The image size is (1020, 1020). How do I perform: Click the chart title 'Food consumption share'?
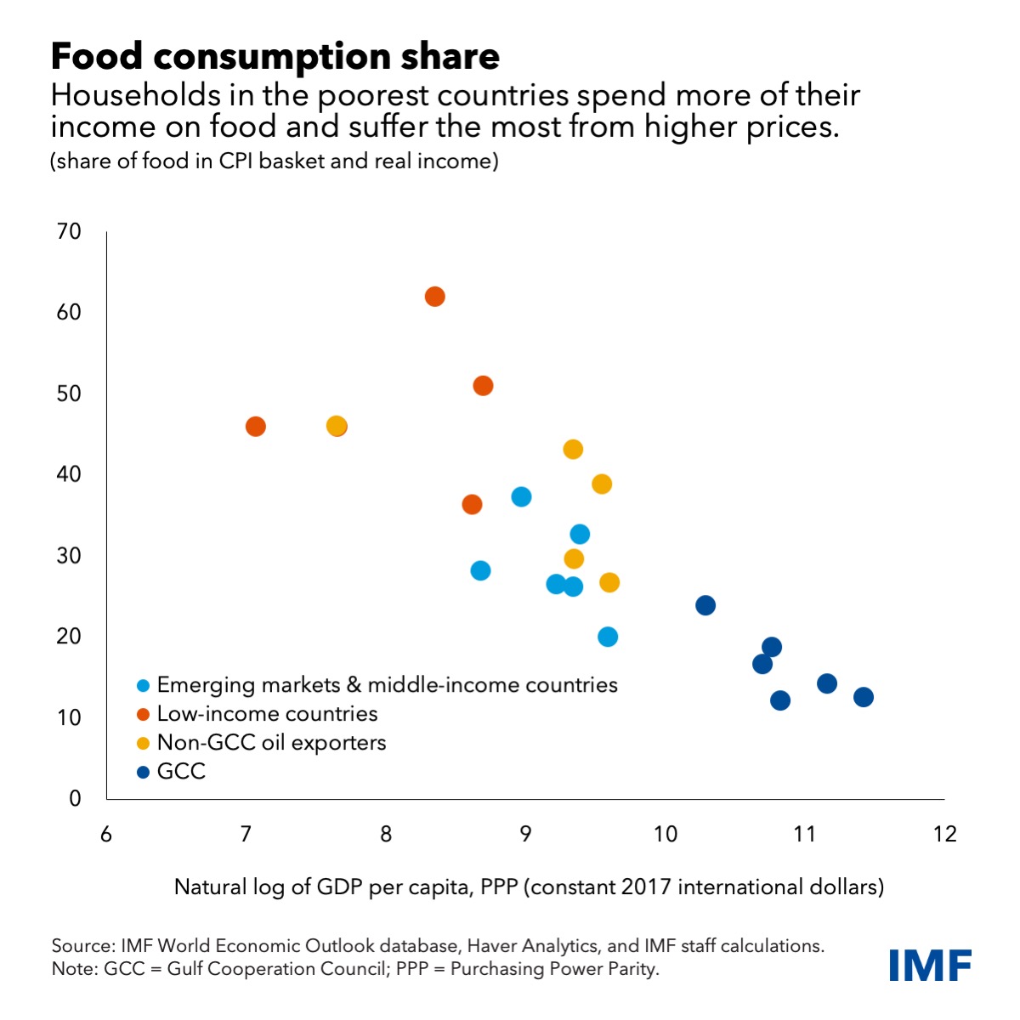[275, 57]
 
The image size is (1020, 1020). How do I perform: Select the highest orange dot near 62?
[434, 297]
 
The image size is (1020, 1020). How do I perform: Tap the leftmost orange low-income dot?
[255, 426]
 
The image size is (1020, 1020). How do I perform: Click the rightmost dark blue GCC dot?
[863, 697]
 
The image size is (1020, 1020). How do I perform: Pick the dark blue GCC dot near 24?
[705, 605]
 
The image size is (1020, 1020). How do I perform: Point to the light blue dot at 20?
[608, 637]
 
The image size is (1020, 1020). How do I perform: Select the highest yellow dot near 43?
[573, 450]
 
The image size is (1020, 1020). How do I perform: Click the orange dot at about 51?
[483, 386]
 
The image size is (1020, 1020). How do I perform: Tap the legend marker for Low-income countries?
[143, 715]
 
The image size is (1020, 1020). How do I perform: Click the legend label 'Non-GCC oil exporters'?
[271, 742]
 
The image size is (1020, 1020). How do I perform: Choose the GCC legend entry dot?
[143, 773]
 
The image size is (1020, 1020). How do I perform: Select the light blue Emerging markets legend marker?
[143, 686]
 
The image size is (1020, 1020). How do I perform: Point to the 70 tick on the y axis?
[69, 232]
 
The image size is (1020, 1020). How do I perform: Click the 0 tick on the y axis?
[75, 798]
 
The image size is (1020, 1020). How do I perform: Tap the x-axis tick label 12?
[945, 834]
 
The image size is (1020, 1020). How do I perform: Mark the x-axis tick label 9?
[525, 834]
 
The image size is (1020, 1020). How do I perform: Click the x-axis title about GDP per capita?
[529, 887]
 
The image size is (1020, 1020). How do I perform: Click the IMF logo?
[931, 965]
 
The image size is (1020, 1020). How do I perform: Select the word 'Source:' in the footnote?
[83, 946]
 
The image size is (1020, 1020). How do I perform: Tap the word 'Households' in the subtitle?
[135, 96]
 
